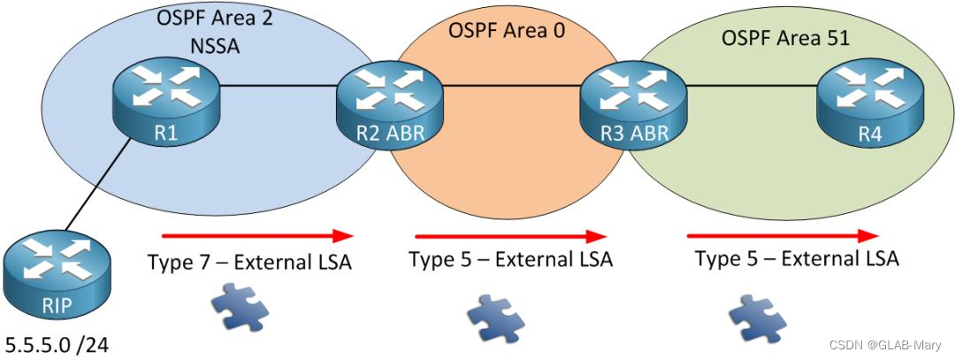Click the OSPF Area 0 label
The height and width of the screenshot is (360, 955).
pyautogui.click(x=506, y=31)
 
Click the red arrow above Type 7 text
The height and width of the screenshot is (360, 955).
pyautogui.click(x=257, y=236)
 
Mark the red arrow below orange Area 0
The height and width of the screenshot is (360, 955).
pyautogui.click(x=510, y=236)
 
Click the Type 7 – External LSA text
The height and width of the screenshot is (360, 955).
pyautogui.click(x=249, y=263)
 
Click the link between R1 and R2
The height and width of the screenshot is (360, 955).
pyautogui.click(x=276, y=86)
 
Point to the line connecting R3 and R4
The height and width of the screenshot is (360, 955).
pyautogui.click(x=749, y=86)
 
